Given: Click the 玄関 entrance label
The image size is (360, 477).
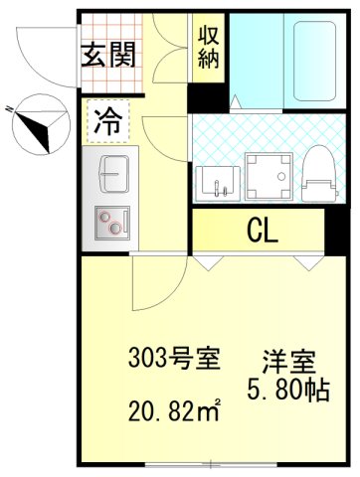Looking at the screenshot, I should coord(107,53).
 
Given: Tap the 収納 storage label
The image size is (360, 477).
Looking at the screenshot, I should coord(208,46).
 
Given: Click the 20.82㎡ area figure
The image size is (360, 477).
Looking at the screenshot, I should coord(174,408).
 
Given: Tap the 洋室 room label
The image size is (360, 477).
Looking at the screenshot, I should coord(289,359).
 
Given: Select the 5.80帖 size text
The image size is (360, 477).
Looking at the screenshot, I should coord(289,389).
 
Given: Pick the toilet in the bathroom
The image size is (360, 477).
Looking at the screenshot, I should coord(316,171).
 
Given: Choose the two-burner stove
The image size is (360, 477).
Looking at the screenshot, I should coord(108,224).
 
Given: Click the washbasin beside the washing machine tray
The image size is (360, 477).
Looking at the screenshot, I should coord(218,179).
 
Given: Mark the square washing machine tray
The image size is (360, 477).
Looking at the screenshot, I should coord(267,175).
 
